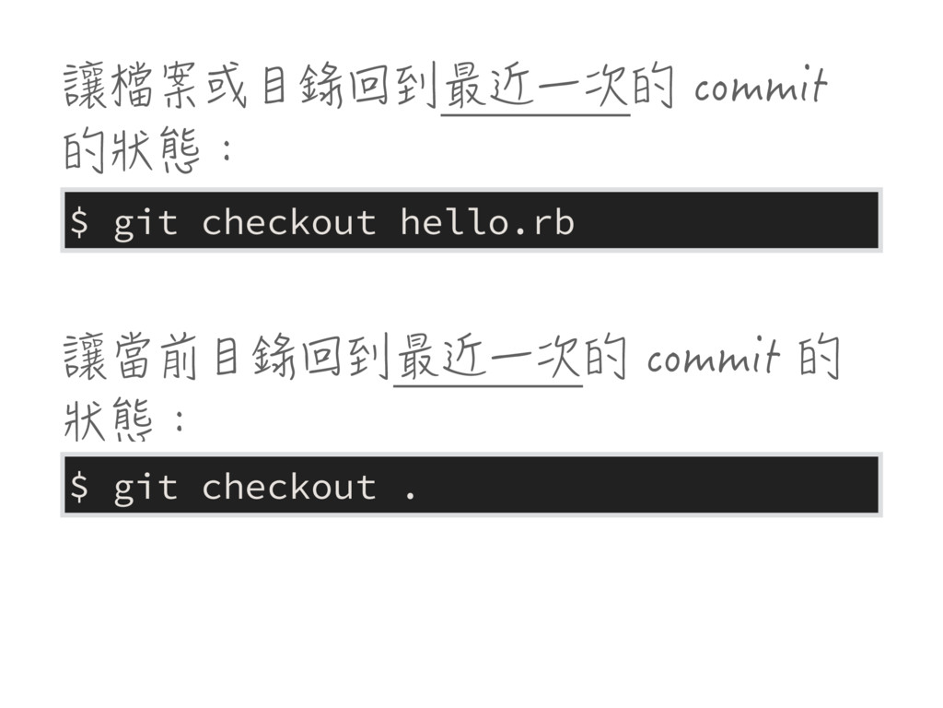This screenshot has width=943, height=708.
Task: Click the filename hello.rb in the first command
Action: (x=487, y=222)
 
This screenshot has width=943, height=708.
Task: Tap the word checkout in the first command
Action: (x=288, y=222)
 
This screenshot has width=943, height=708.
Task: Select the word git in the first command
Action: (x=145, y=222)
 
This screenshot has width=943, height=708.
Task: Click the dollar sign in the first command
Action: (x=80, y=222)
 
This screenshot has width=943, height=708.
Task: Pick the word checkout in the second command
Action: (x=288, y=487)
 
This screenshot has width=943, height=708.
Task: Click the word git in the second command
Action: (x=145, y=487)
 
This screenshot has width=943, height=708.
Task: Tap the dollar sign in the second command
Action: (x=80, y=487)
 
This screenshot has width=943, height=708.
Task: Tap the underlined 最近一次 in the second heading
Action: (x=487, y=359)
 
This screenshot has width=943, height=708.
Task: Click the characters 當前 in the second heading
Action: (x=157, y=359)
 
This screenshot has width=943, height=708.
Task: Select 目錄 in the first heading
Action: (x=297, y=89)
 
